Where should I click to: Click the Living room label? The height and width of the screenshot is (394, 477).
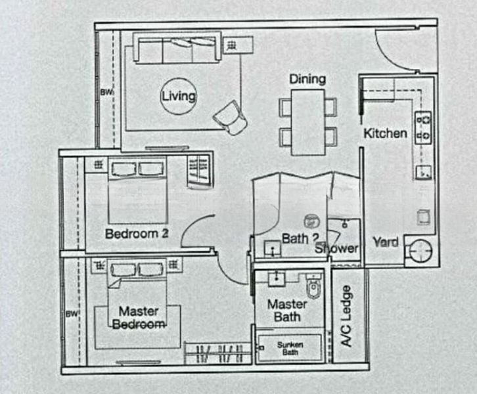(179, 96)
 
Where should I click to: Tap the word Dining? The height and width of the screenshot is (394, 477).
(307, 79)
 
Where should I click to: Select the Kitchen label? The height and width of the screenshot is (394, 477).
(385, 133)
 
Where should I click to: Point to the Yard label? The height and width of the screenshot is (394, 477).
(386, 242)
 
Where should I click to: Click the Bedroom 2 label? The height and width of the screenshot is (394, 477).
(137, 234)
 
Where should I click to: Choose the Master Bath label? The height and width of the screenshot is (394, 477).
(287, 311)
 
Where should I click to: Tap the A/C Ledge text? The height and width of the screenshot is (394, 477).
(346, 316)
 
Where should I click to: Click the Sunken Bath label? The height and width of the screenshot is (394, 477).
(290, 349)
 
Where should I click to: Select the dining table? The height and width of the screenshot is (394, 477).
(308, 122)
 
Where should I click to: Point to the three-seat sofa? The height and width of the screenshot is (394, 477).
(177, 47)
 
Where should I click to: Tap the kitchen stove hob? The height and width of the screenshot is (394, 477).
(423, 127)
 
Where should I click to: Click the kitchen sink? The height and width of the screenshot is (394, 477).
(424, 172)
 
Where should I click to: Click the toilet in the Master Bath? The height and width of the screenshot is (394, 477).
(313, 286)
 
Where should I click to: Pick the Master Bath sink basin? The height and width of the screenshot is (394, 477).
(277, 279)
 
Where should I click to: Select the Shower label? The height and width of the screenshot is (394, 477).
(336, 249)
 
